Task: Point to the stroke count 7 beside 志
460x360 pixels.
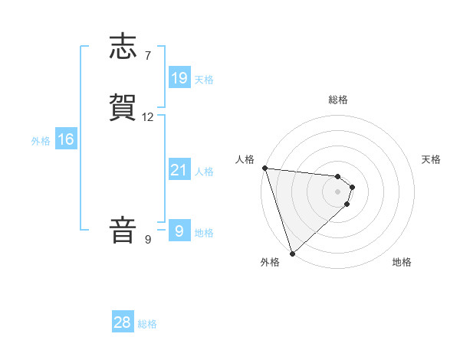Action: [x=147, y=55]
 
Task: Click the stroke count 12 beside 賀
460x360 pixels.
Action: [x=148, y=117]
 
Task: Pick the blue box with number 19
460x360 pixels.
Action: [x=179, y=77]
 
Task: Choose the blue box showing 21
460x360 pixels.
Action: [x=179, y=170]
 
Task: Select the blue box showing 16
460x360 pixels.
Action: [x=66, y=139]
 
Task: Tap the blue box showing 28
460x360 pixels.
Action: [x=123, y=322]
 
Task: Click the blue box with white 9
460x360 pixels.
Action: [x=179, y=231]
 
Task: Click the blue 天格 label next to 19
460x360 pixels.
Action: [x=204, y=79]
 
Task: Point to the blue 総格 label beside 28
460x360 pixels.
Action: [x=147, y=324]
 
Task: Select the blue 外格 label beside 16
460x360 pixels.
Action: [x=41, y=141]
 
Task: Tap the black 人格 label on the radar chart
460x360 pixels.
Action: [x=245, y=159]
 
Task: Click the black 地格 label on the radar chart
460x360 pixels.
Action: [x=402, y=262]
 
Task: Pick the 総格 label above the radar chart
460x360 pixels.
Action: [x=337, y=100]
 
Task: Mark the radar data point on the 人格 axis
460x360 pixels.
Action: [x=264, y=168]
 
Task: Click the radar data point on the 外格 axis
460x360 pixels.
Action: [x=292, y=254]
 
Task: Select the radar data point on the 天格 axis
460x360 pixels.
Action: [x=352, y=187]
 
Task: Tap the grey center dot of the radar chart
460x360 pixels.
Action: [x=337, y=191]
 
